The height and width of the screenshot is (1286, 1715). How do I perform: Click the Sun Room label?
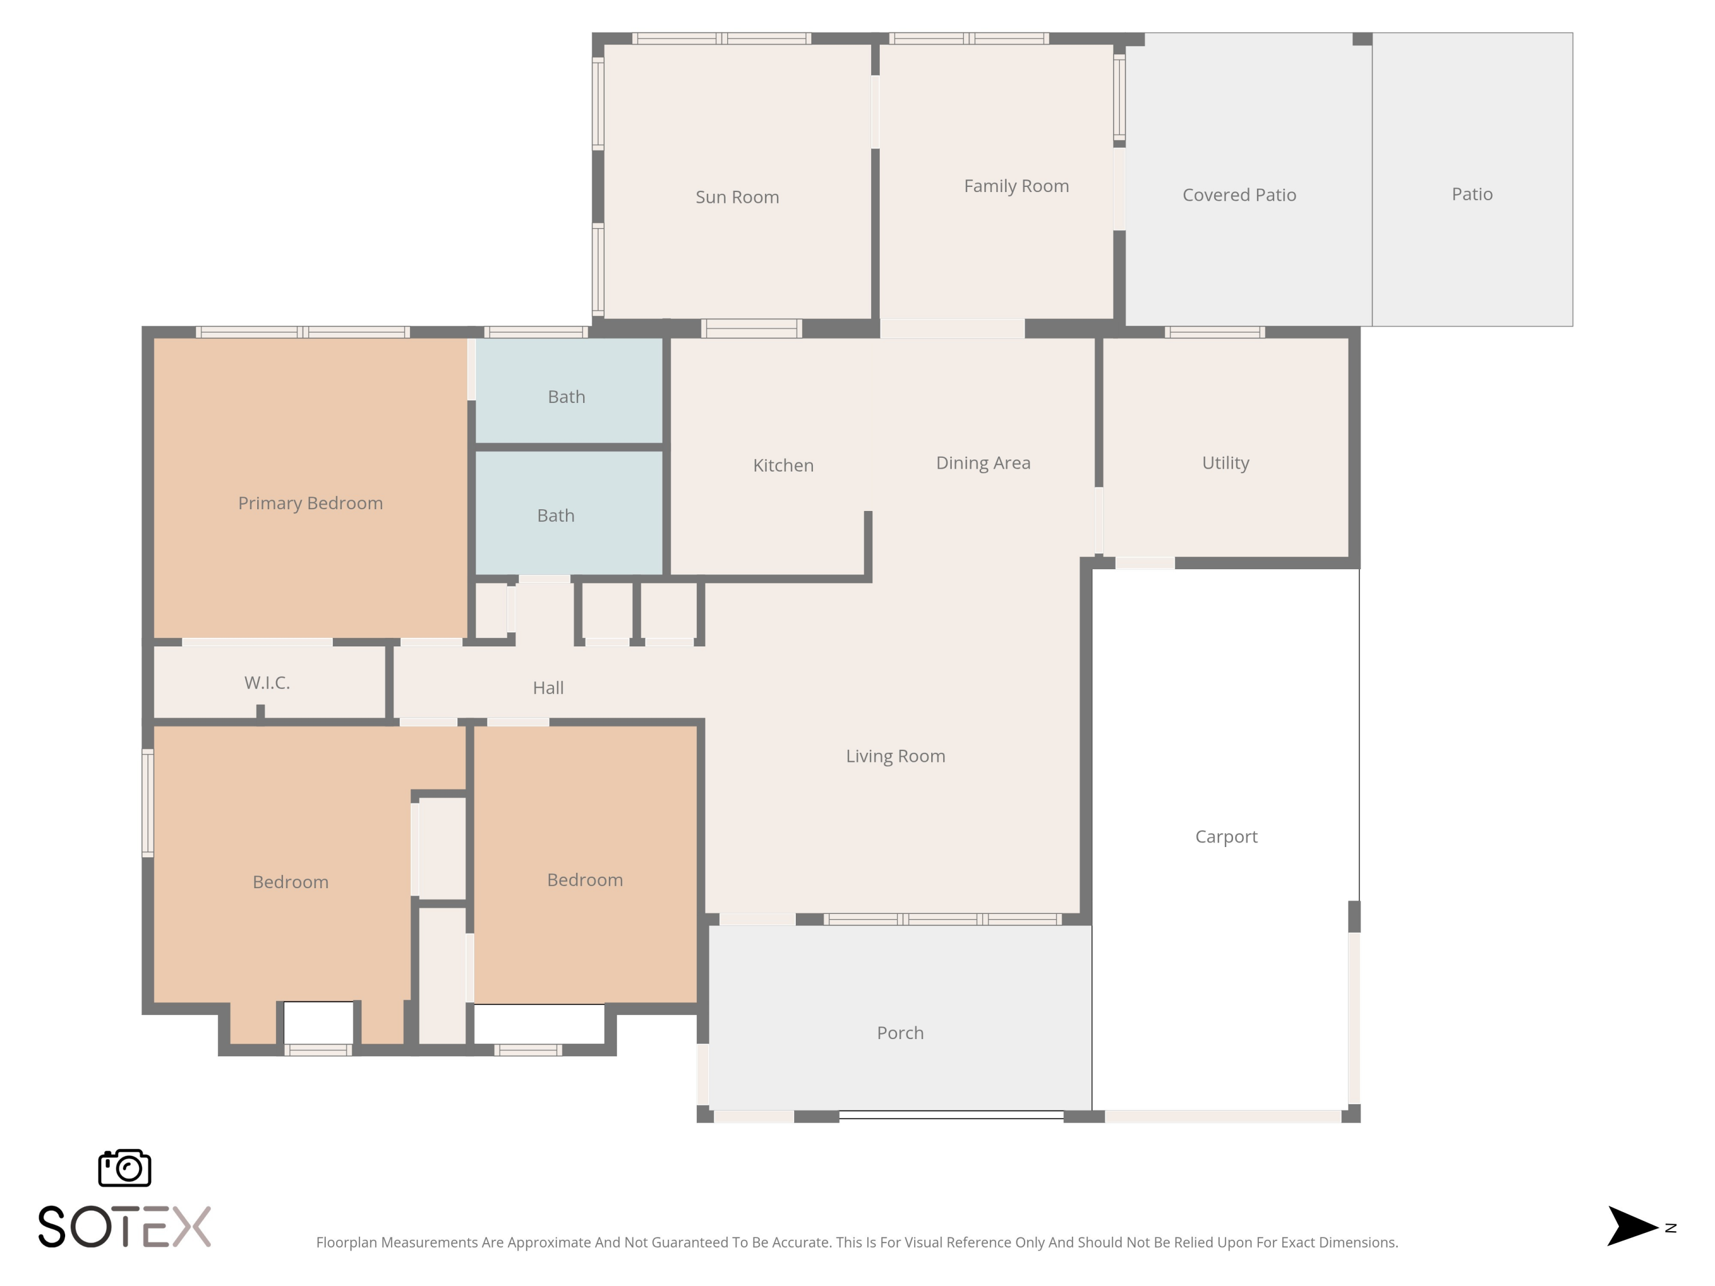[736, 197]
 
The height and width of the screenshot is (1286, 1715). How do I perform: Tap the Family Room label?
[1016, 186]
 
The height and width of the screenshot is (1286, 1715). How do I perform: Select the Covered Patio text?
[1238, 194]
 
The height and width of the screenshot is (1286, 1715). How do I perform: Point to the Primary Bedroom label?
[310, 503]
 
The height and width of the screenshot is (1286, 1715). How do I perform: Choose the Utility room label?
[1225, 463]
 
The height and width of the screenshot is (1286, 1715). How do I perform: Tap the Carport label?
[1226, 836]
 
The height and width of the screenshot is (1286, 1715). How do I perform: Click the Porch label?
[899, 1033]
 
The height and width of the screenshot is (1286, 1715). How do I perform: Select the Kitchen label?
[783, 465]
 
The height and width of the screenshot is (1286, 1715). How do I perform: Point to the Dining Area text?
[982, 463]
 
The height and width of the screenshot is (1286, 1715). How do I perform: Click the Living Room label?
[895, 756]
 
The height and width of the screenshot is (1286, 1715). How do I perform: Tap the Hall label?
[548, 688]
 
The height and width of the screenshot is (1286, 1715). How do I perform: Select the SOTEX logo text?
[124, 1227]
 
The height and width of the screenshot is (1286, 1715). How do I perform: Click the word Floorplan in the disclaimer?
[346, 1243]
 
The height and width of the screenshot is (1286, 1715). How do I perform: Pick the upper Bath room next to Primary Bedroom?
[566, 397]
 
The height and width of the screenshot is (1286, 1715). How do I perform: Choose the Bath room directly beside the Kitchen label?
[555, 516]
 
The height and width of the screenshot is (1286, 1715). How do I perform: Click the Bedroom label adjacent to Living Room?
[585, 880]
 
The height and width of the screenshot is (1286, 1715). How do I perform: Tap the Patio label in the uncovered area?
[1471, 194]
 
